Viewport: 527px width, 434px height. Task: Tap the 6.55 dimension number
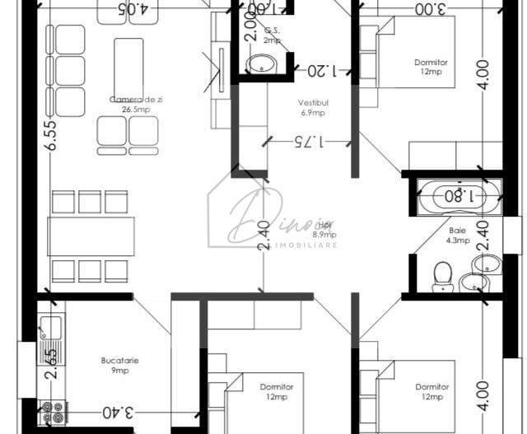coord(52,134)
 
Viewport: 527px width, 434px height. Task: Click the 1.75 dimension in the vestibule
coord(310,142)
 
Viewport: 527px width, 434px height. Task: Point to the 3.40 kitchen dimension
coord(119,411)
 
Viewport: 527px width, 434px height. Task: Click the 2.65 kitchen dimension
coord(50,363)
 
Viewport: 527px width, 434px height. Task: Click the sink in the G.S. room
coord(263,63)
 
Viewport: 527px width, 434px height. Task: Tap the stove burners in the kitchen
coord(52,411)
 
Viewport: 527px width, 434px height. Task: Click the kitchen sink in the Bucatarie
coord(49,327)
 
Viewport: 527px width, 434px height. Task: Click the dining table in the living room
coord(91,236)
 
